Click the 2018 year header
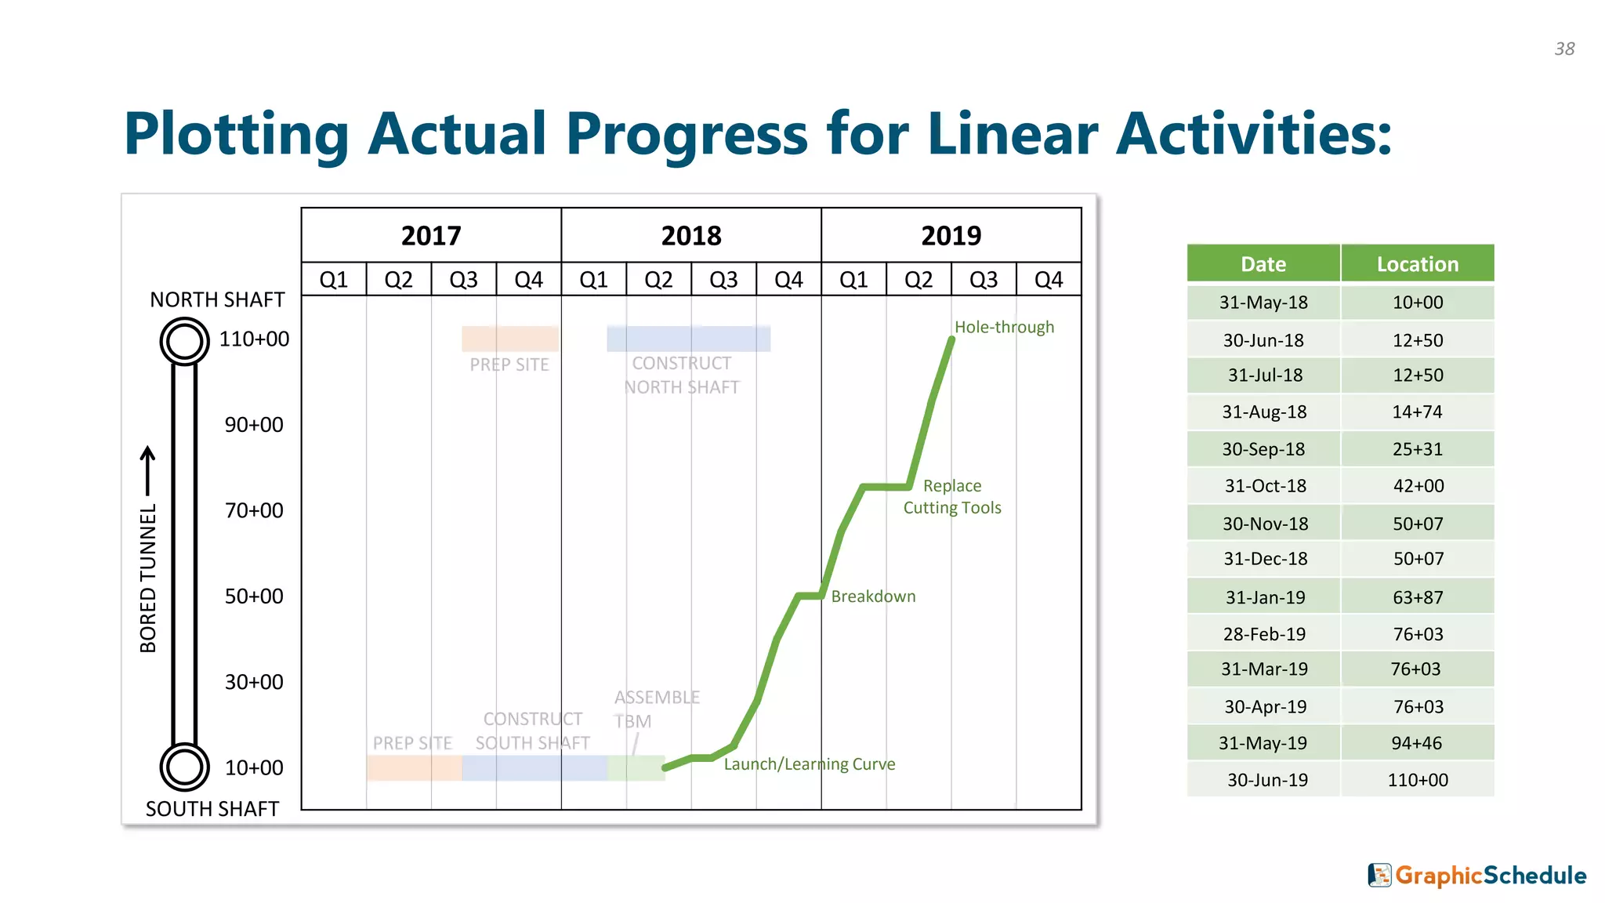[690, 235]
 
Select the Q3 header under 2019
[983, 280]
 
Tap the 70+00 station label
[254, 510]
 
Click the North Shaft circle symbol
[184, 341]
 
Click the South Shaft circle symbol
[184, 767]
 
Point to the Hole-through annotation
[1003, 327]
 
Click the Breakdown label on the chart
[872, 597]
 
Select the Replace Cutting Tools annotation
[951, 497]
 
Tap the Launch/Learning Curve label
[809, 764]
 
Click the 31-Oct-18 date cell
[1264, 486]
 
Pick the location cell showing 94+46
[1417, 743]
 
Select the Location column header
[1417, 264]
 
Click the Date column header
[1263, 264]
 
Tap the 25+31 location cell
[1417, 449]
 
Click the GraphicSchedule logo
[1477, 876]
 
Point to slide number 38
[1564, 49]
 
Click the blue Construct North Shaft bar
[688, 339]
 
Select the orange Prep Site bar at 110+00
[509, 339]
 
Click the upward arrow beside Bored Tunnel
[147, 470]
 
